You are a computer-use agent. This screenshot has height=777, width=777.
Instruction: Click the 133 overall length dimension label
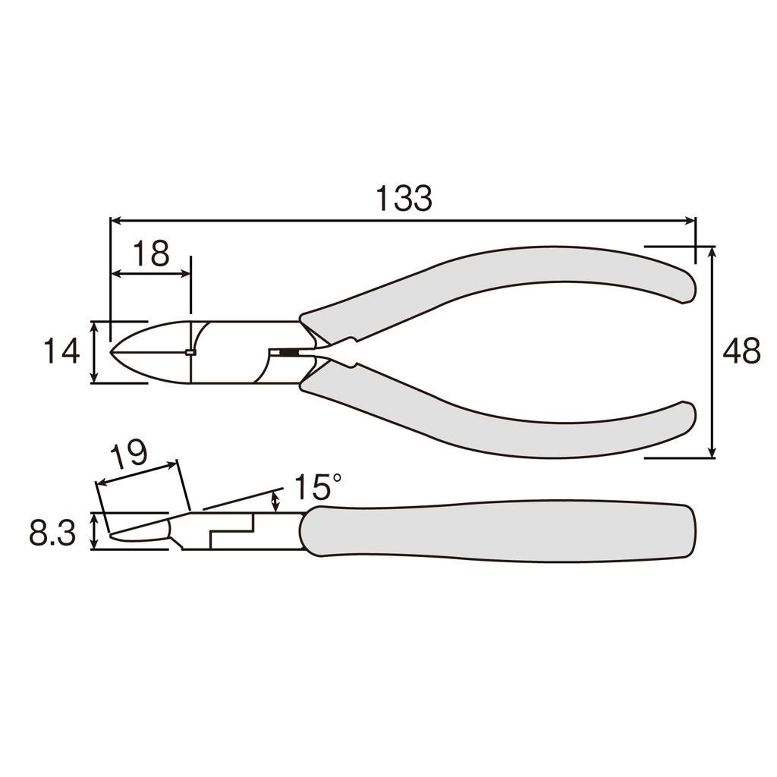coord(404,198)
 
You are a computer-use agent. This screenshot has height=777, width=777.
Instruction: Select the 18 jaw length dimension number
coord(151,254)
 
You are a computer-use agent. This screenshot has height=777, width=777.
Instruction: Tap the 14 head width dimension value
coord(61,352)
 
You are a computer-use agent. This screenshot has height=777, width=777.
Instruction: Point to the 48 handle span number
coord(741,352)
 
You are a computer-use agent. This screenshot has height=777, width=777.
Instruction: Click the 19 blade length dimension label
coord(128,456)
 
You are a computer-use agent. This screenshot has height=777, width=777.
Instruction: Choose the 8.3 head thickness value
coord(52,534)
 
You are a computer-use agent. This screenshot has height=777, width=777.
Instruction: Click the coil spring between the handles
coord(288,352)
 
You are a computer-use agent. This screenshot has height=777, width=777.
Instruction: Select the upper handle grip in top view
coord(501,281)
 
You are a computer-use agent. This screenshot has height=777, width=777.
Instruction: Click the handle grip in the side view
coord(501,531)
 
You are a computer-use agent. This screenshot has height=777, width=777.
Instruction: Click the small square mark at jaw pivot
coord(190,352)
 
